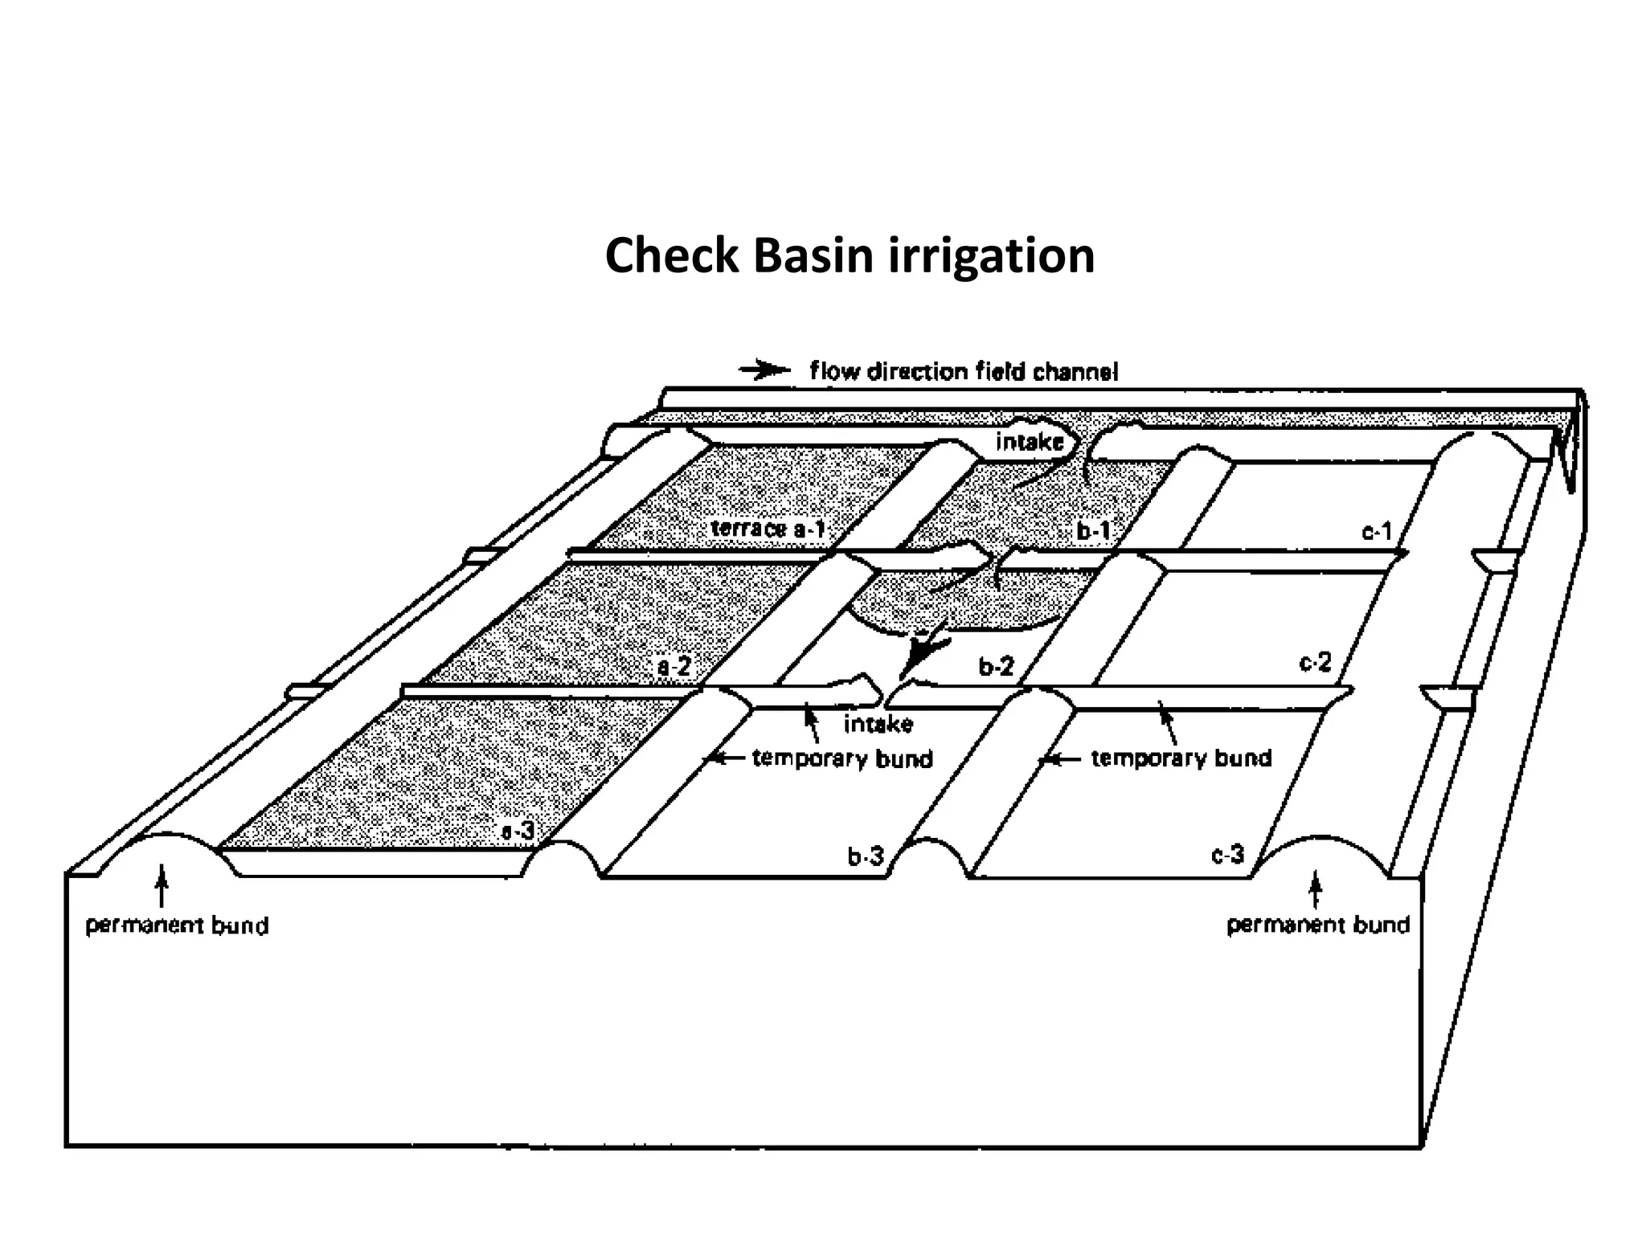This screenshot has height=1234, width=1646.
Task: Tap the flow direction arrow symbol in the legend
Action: click(x=764, y=370)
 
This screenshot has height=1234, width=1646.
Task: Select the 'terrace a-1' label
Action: click(x=768, y=529)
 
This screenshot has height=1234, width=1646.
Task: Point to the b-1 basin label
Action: click(x=1093, y=531)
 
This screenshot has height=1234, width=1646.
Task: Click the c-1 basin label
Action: click(x=1377, y=531)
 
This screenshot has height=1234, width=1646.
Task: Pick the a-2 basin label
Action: click(x=674, y=667)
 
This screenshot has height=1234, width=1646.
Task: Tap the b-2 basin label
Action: click(x=996, y=666)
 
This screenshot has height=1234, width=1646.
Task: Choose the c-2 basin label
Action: click(x=1315, y=663)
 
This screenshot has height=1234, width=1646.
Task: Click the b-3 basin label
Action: click(x=866, y=856)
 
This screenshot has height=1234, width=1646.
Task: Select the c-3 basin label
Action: click(x=1227, y=855)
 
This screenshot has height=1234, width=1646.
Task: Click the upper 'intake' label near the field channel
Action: click(x=1029, y=442)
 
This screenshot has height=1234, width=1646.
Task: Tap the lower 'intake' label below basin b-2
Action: click(x=878, y=724)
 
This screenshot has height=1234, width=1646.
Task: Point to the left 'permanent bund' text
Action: click(x=177, y=925)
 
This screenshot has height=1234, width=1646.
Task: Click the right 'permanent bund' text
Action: click(x=1318, y=925)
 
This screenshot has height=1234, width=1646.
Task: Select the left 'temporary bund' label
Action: click(x=842, y=758)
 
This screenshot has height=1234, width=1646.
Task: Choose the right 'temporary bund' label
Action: click(x=1181, y=758)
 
